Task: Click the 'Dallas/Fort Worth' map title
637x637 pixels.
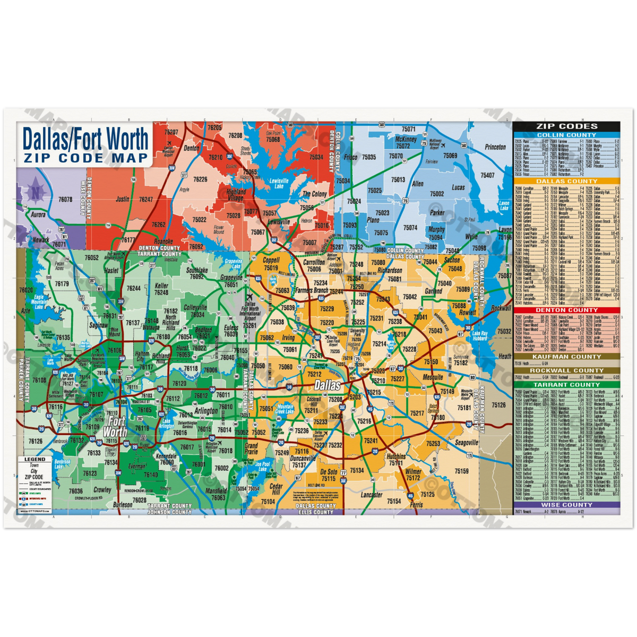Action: pos(85,139)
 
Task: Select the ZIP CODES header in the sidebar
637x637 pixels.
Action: pos(566,126)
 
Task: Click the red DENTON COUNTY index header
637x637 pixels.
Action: pos(566,310)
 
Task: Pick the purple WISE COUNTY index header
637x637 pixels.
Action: pos(566,505)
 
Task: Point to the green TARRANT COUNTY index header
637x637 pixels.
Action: pos(566,384)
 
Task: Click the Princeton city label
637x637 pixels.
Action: pos(495,147)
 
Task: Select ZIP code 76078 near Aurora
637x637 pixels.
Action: pos(66,200)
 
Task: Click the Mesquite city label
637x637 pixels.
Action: pos(433,377)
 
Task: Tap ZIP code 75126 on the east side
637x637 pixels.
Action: pos(499,406)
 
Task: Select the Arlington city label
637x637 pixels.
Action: pos(206,411)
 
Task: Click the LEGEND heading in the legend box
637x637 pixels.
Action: pos(35,459)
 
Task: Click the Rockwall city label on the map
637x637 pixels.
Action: pos(501,308)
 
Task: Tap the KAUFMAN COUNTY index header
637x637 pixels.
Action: pos(566,357)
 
